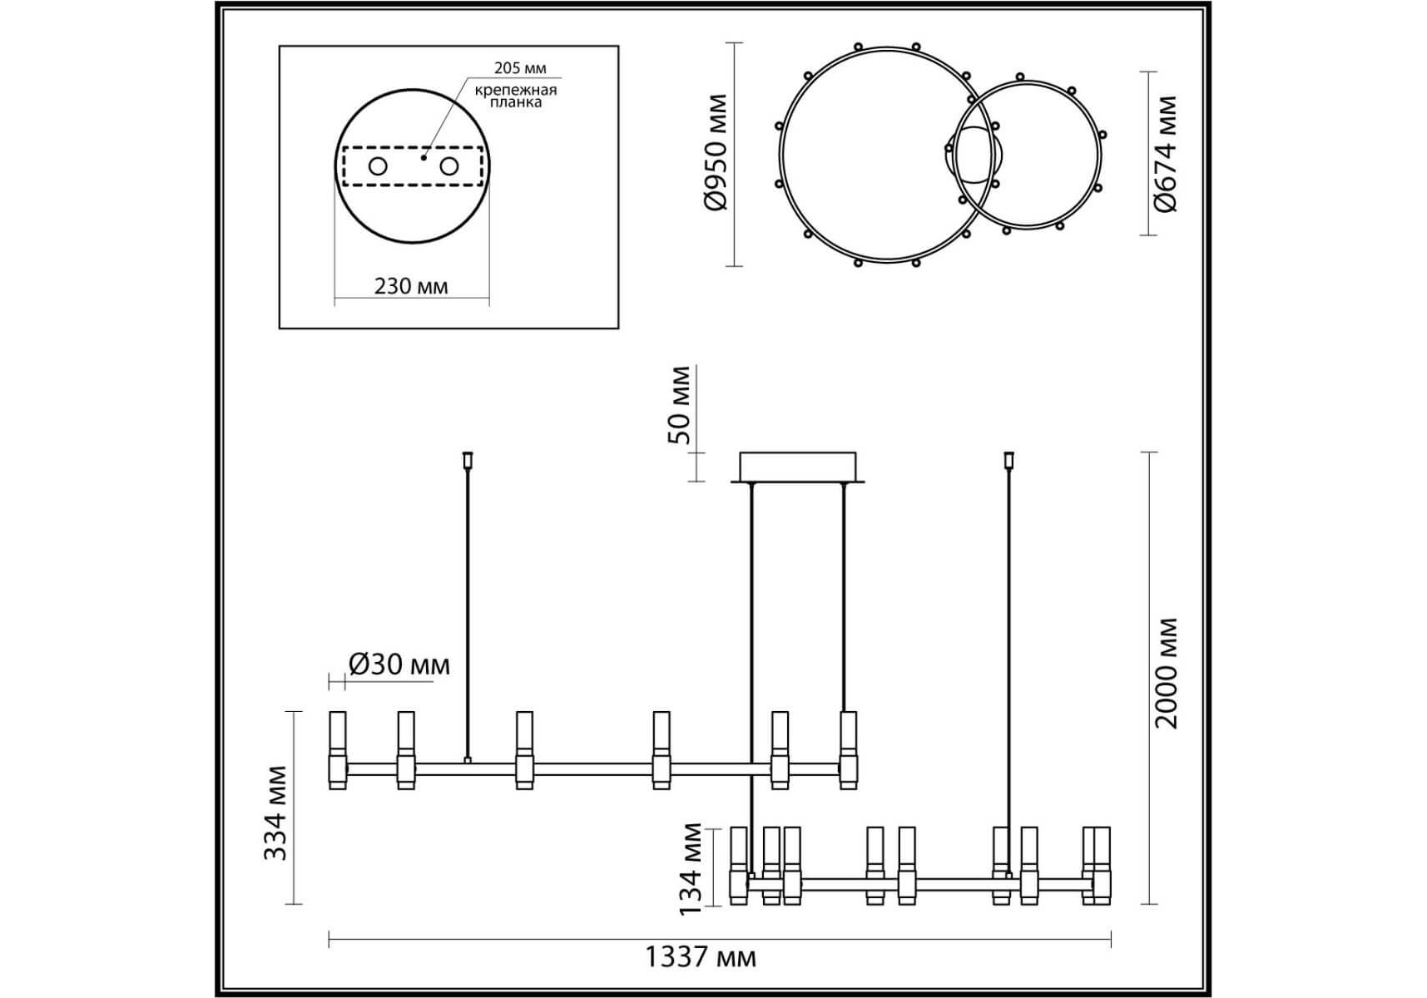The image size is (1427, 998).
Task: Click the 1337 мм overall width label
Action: (701, 957)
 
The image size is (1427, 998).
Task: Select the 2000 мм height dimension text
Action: (1167, 673)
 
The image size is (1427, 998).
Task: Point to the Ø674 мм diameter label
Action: (1165, 154)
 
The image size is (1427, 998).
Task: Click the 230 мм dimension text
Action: (411, 286)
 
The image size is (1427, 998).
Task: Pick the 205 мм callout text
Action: (520, 68)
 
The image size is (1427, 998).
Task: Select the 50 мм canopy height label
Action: (680, 404)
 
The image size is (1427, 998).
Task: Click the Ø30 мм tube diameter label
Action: (399, 665)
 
